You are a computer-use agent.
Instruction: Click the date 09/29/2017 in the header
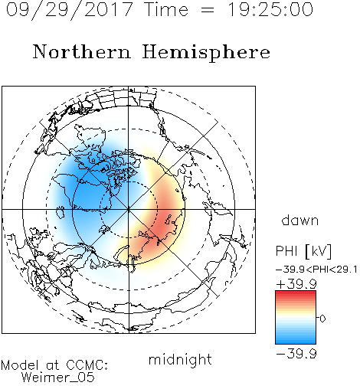tap(70, 10)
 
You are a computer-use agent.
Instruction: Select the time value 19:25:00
tap(270, 10)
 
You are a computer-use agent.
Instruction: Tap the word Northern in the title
tap(82, 51)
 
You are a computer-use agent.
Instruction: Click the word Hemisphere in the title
tap(206, 53)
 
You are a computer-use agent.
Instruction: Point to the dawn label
tap(300, 220)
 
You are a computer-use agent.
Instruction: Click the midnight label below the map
tap(180, 360)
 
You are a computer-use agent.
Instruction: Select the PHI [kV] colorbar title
tap(303, 251)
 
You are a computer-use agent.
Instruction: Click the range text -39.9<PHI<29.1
tap(316, 270)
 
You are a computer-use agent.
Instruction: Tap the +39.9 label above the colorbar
tap(296, 284)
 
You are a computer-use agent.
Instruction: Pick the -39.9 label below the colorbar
tap(296, 354)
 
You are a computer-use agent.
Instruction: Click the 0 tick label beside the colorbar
tap(322, 319)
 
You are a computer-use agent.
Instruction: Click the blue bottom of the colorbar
tap(296, 339)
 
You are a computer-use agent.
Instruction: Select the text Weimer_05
tap(58, 378)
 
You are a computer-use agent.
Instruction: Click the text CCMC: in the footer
tap(87, 365)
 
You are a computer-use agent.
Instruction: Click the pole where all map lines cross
tap(129, 210)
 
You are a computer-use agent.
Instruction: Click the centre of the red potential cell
tap(163, 220)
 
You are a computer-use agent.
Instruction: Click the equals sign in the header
tap(208, 10)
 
